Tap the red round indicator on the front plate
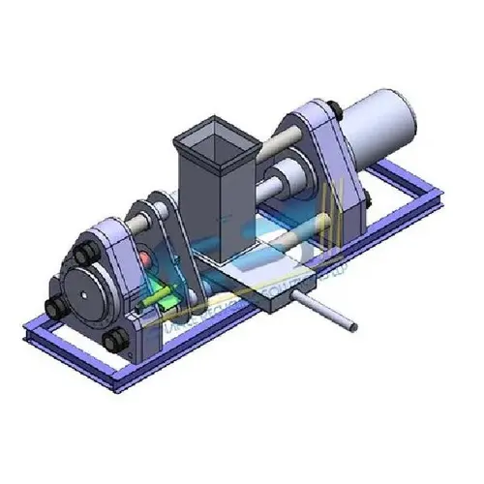click(146, 259)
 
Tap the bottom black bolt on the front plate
click(115, 340)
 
